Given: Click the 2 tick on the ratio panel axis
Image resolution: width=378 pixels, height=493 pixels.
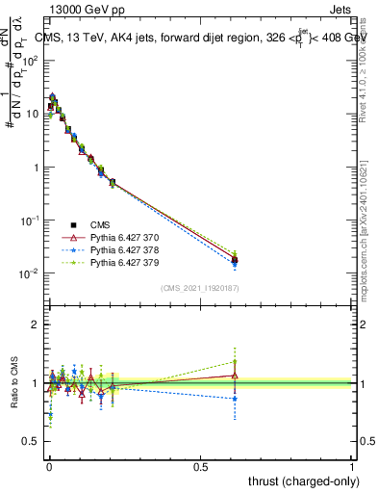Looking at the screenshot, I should (38, 324).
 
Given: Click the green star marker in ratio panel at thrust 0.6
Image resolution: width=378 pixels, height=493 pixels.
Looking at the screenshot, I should (234, 362).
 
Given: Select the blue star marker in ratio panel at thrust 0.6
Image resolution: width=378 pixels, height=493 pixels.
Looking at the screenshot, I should (234, 398).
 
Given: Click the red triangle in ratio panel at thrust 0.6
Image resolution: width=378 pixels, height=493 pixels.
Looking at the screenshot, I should (234, 376).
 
